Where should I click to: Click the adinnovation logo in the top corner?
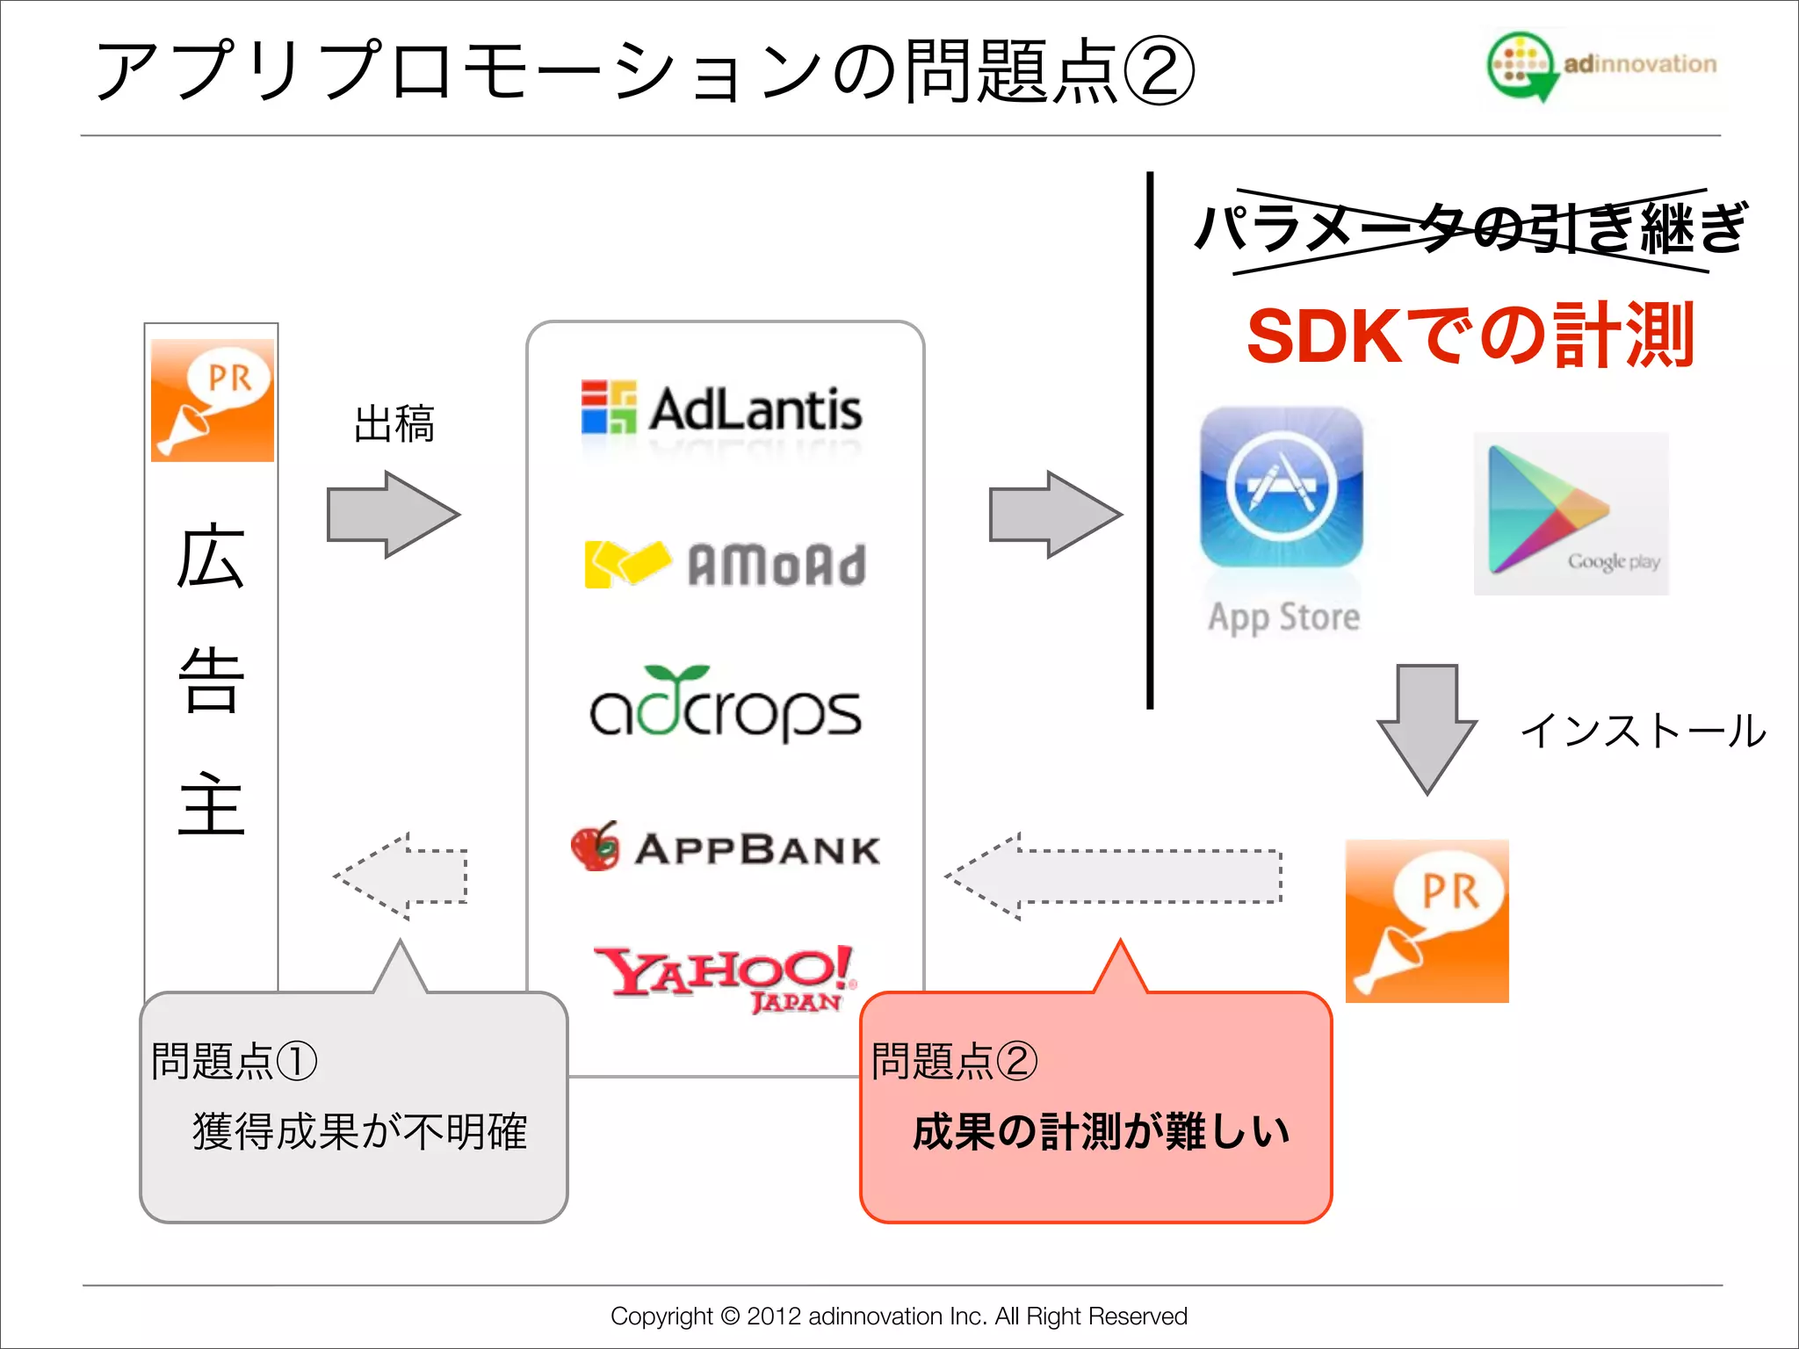[x=1600, y=65]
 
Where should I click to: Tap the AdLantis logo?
[x=722, y=409]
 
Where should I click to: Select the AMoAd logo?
[x=726, y=564]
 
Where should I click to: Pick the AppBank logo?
[x=726, y=848]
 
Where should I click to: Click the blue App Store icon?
[x=1282, y=488]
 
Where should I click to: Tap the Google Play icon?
[x=1571, y=513]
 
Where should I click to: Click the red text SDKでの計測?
[x=1470, y=335]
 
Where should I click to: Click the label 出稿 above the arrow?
[x=394, y=424]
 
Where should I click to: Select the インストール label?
[x=1642, y=731]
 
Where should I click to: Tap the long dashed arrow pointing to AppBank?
[x=1114, y=876]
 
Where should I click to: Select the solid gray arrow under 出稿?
[x=392, y=515]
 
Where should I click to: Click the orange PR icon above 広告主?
[x=213, y=400]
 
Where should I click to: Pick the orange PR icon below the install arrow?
[x=1427, y=920]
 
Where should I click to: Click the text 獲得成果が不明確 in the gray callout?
[x=359, y=1131]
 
